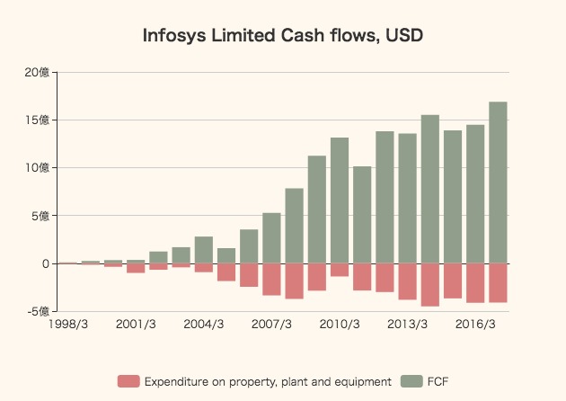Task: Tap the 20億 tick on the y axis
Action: click(38, 72)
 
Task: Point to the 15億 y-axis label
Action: click(38, 120)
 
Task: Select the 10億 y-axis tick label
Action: click(38, 167)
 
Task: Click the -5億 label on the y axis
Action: click(37, 311)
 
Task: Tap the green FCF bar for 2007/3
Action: click(271, 238)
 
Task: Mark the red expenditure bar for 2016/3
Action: click(475, 283)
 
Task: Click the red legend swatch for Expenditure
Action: click(128, 382)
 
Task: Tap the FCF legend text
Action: click(437, 382)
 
